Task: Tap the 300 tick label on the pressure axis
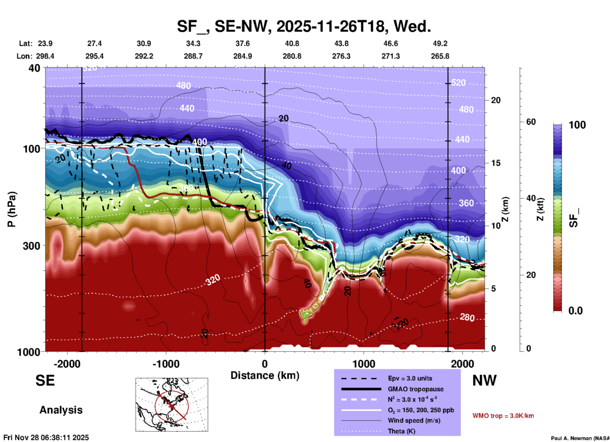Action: [x=31, y=246]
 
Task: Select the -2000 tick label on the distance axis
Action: [x=67, y=364]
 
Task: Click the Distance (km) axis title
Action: [x=265, y=375]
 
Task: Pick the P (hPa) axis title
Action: [x=11, y=209]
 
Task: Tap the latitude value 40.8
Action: [x=292, y=43]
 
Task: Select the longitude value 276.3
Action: [x=341, y=56]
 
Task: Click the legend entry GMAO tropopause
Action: [x=415, y=389]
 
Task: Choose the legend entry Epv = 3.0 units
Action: [x=410, y=378]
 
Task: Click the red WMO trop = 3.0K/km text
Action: [x=503, y=416]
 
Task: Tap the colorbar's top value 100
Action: [x=577, y=125]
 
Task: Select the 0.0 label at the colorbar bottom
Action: [x=575, y=311]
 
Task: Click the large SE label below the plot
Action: [x=45, y=380]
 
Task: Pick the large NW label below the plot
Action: [x=484, y=380]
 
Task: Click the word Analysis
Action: [x=61, y=410]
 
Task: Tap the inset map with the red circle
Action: [x=172, y=405]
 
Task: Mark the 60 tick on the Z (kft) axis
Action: [x=531, y=122]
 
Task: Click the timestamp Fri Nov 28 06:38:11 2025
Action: [x=46, y=438]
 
